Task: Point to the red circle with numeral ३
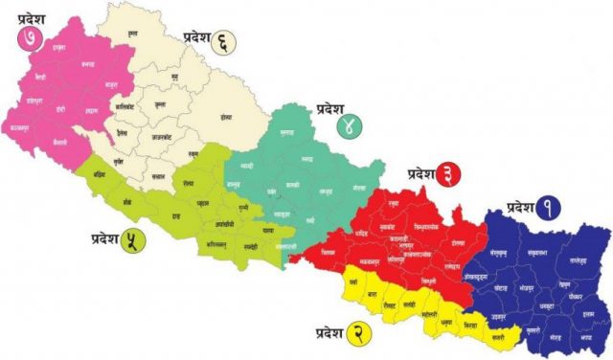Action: point(444,173)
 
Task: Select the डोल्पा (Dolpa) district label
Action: point(226,118)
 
